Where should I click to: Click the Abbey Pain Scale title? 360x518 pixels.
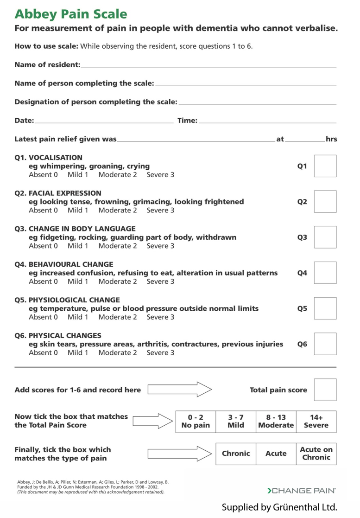click(71, 14)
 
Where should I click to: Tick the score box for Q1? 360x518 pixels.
click(325, 166)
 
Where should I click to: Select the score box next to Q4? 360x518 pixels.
click(325, 273)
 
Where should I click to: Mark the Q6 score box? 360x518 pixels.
click(325, 344)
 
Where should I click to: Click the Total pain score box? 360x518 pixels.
click(325, 390)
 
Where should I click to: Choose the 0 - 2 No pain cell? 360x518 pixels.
click(196, 422)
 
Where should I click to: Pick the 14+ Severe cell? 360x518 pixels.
click(316, 422)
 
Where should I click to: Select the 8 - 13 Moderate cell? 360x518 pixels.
click(276, 422)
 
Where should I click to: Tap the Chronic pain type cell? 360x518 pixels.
click(236, 454)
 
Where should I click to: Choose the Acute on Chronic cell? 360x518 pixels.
click(316, 454)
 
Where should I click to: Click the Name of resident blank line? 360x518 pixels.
click(208, 67)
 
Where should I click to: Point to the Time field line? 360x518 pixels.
click(267, 122)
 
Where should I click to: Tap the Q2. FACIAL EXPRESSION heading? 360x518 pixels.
click(58, 193)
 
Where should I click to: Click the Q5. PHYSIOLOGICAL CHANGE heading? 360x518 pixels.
click(67, 300)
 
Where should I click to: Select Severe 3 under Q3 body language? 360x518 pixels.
click(160, 246)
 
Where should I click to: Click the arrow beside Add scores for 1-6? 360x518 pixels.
click(179, 390)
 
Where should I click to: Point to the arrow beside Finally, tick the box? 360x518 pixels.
click(179, 454)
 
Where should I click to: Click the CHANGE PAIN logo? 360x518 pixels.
click(302, 490)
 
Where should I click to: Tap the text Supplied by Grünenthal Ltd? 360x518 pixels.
click(279, 506)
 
